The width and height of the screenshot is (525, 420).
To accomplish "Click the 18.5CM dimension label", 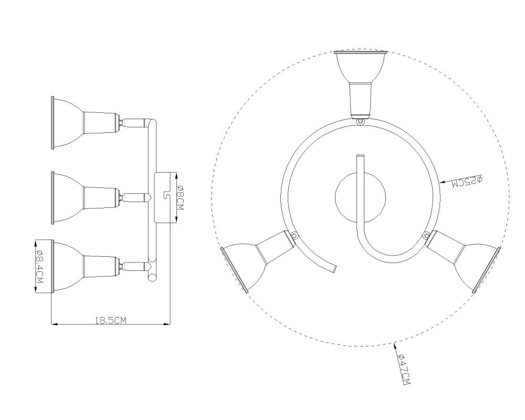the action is click(x=110, y=320).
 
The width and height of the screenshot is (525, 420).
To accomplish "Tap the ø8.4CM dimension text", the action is click(x=39, y=267).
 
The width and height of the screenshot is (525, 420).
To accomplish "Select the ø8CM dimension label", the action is click(x=180, y=197).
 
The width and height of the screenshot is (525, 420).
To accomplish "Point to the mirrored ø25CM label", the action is click(x=466, y=182).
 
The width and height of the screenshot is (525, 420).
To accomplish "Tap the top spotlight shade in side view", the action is click(x=67, y=123).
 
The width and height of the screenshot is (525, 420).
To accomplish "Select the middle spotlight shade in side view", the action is click(x=67, y=197).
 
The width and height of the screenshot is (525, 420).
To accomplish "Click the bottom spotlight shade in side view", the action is click(x=67, y=266).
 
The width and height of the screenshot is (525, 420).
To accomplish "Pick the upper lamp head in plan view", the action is click(x=361, y=83).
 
